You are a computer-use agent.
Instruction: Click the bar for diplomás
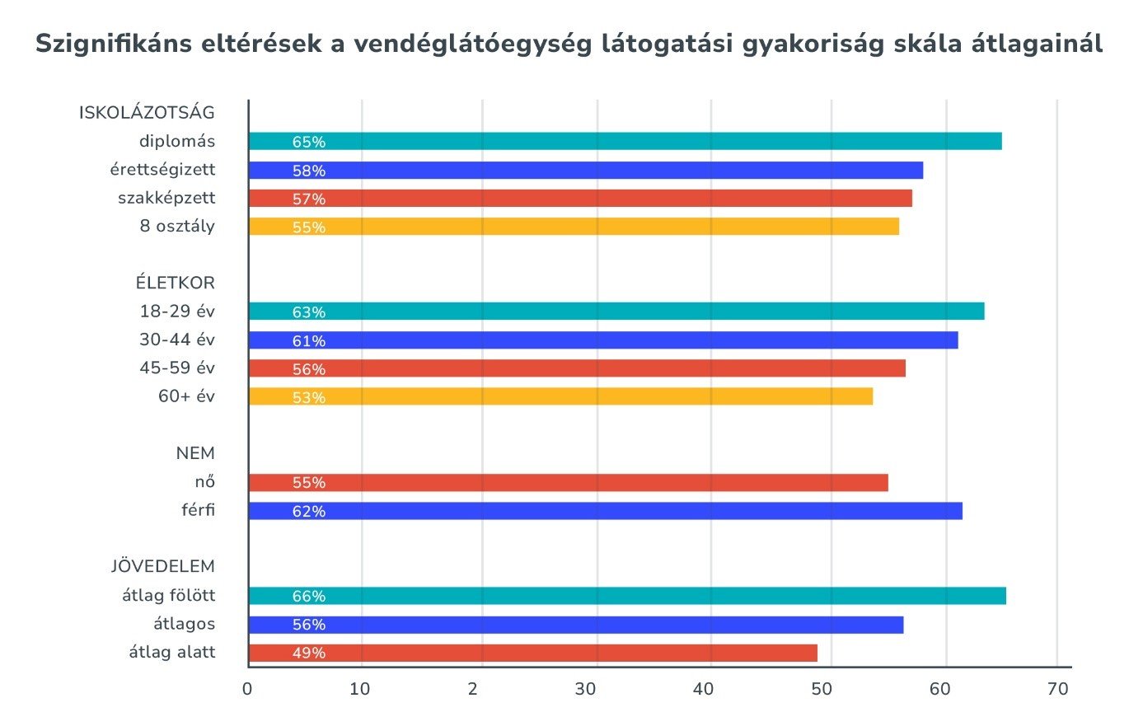pyautogui.click(x=625, y=141)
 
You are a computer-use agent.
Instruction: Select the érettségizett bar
pyautogui.click(x=585, y=171)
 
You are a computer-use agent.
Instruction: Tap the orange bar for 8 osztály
pyautogui.click(x=574, y=227)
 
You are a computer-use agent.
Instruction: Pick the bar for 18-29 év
pyautogui.click(x=616, y=311)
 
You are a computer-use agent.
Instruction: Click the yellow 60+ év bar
pyautogui.click(x=560, y=397)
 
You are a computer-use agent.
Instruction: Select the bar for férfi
pyautogui.click(x=605, y=511)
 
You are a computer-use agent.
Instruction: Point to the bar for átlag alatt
pyautogui.click(x=532, y=653)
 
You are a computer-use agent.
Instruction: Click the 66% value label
pyautogui.click(x=309, y=597)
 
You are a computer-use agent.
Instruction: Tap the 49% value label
pyautogui.click(x=309, y=653)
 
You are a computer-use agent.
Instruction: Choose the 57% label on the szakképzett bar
pyautogui.click(x=309, y=199)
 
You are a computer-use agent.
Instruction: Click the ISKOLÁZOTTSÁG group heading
pyautogui.click(x=147, y=113)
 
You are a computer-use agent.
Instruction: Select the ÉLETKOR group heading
pyautogui.click(x=176, y=283)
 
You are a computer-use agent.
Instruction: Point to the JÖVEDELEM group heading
pyautogui.click(x=163, y=567)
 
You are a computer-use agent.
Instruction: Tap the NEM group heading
pyautogui.click(x=194, y=453)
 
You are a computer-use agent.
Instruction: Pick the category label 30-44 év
pyautogui.click(x=177, y=340)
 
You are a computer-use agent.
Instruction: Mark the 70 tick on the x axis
pyautogui.click(x=1058, y=688)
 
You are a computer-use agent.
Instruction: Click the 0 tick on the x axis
pyautogui.click(x=248, y=688)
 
